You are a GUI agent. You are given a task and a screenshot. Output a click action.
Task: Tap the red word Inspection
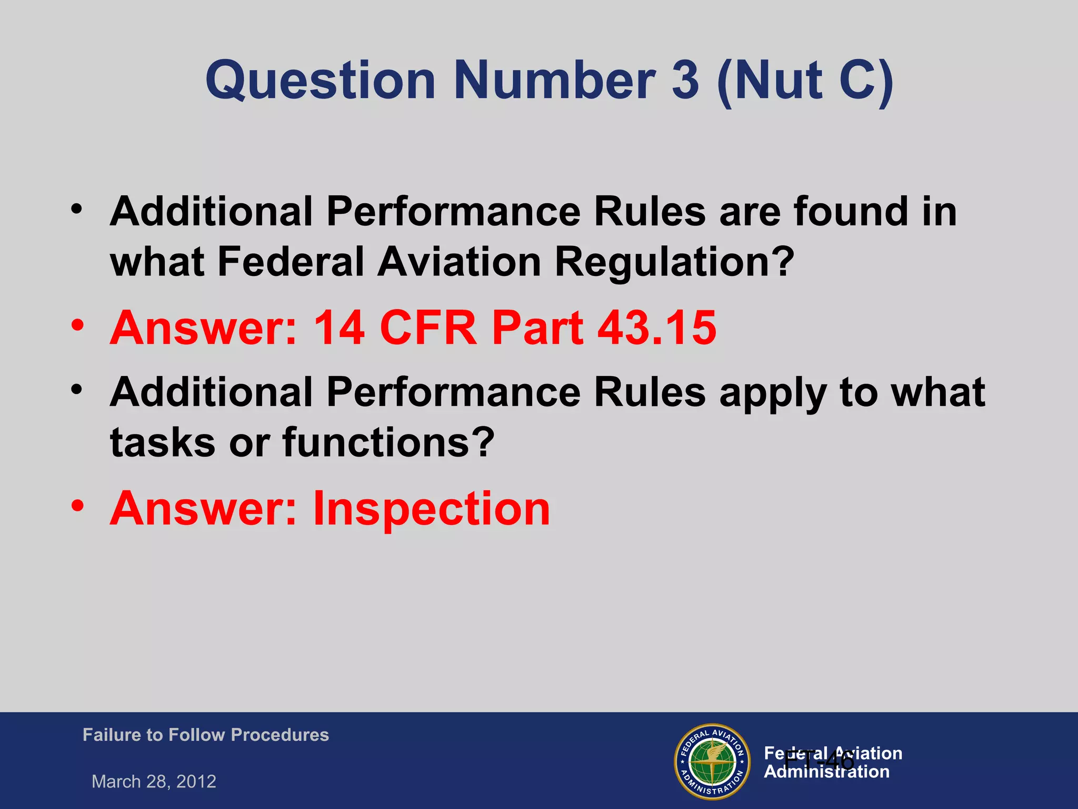click(x=431, y=508)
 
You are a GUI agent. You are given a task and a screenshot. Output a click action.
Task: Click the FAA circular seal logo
click(x=712, y=762)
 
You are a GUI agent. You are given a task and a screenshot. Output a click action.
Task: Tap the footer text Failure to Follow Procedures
click(x=205, y=735)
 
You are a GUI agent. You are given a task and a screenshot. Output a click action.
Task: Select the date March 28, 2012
click(x=154, y=781)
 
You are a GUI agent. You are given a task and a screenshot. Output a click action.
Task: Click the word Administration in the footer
click(x=826, y=772)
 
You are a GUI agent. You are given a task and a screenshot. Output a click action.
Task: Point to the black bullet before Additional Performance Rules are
click(x=77, y=209)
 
